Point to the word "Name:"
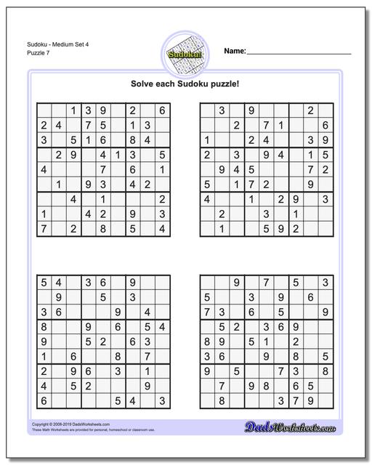(x=235, y=51)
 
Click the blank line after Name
(x=299, y=53)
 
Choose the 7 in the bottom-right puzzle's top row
(x=266, y=282)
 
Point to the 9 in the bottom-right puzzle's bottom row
(x=310, y=400)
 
